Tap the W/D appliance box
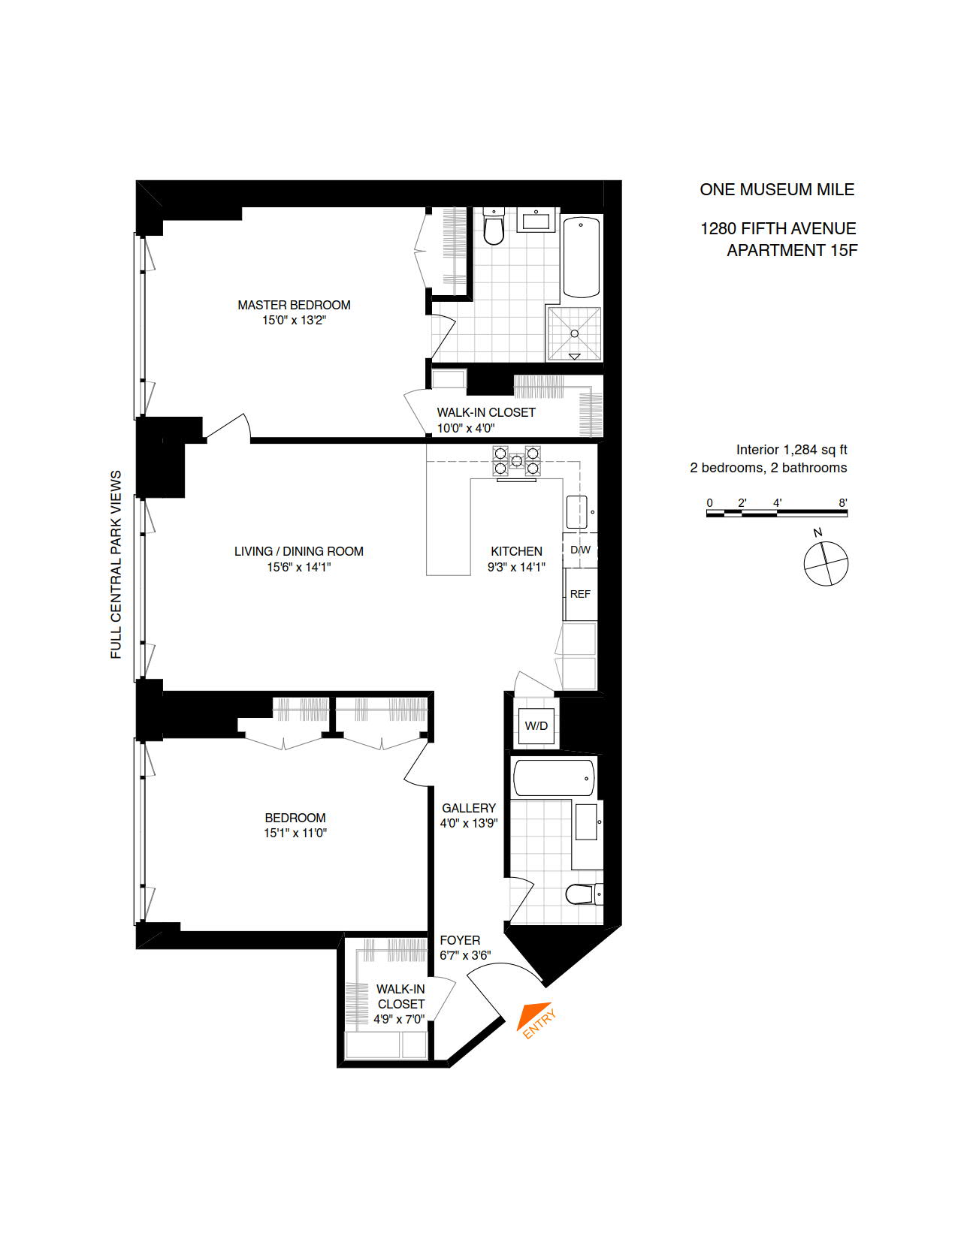[x=536, y=726]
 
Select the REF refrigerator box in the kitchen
[x=580, y=594]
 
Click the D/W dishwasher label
[x=580, y=550]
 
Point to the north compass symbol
[x=826, y=562]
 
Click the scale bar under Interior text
[x=777, y=513]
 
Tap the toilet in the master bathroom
[x=493, y=228]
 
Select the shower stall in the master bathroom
[x=575, y=333]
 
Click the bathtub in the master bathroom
[x=582, y=257]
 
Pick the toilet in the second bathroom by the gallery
[x=580, y=894]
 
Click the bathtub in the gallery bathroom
[x=554, y=777]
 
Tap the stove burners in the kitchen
[x=517, y=460]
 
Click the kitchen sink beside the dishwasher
[x=576, y=512]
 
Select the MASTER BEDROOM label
[x=294, y=305]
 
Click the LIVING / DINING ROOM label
[x=298, y=551]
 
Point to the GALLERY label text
[x=469, y=808]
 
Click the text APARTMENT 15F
[x=791, y=251]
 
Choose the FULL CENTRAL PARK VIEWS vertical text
[x=116, y=565]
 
